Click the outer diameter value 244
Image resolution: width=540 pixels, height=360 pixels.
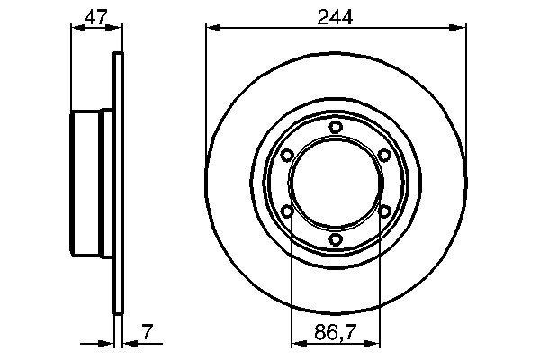coord(336,15)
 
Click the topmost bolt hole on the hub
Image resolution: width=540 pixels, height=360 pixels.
coord(336,128)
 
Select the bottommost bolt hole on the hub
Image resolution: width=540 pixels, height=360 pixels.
coord(336,239)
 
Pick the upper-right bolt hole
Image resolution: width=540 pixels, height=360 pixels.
coord(384,156)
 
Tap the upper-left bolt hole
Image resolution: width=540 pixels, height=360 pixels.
coord(287,156)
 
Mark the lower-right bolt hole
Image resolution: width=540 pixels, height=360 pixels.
coord(384,211)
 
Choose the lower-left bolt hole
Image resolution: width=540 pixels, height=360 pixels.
coord(287,211)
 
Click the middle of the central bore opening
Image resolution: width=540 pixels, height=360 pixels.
coord(336,184)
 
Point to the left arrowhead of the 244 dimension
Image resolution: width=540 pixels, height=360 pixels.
coord(211,28)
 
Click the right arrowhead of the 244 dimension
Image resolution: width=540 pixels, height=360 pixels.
coord(461,28)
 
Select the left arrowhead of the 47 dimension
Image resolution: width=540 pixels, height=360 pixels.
coord(76,28)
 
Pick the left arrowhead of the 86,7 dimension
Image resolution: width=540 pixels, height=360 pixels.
coord(296,343)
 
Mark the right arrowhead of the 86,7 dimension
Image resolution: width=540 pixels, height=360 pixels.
coord(375,343)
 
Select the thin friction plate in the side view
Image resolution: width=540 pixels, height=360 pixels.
coord(117,184)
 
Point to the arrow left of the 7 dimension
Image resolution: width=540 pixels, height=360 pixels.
coord(103,343)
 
